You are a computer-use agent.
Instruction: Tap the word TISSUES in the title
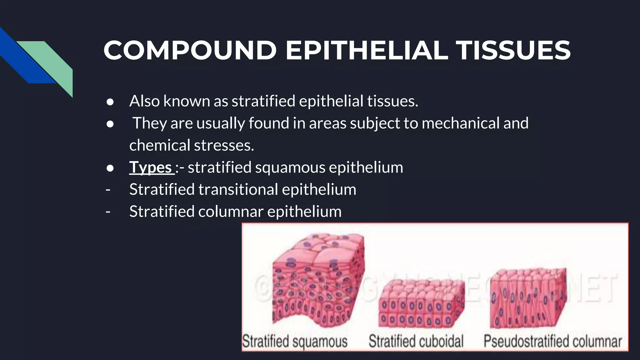513,51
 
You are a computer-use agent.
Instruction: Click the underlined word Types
151,167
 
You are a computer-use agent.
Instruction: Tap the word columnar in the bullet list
231,212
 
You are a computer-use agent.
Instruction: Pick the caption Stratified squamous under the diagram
295,341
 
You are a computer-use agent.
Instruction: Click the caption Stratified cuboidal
416,341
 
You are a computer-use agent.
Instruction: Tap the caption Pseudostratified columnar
552,341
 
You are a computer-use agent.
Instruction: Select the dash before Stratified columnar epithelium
108,212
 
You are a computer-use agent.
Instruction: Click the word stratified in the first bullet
263,101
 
